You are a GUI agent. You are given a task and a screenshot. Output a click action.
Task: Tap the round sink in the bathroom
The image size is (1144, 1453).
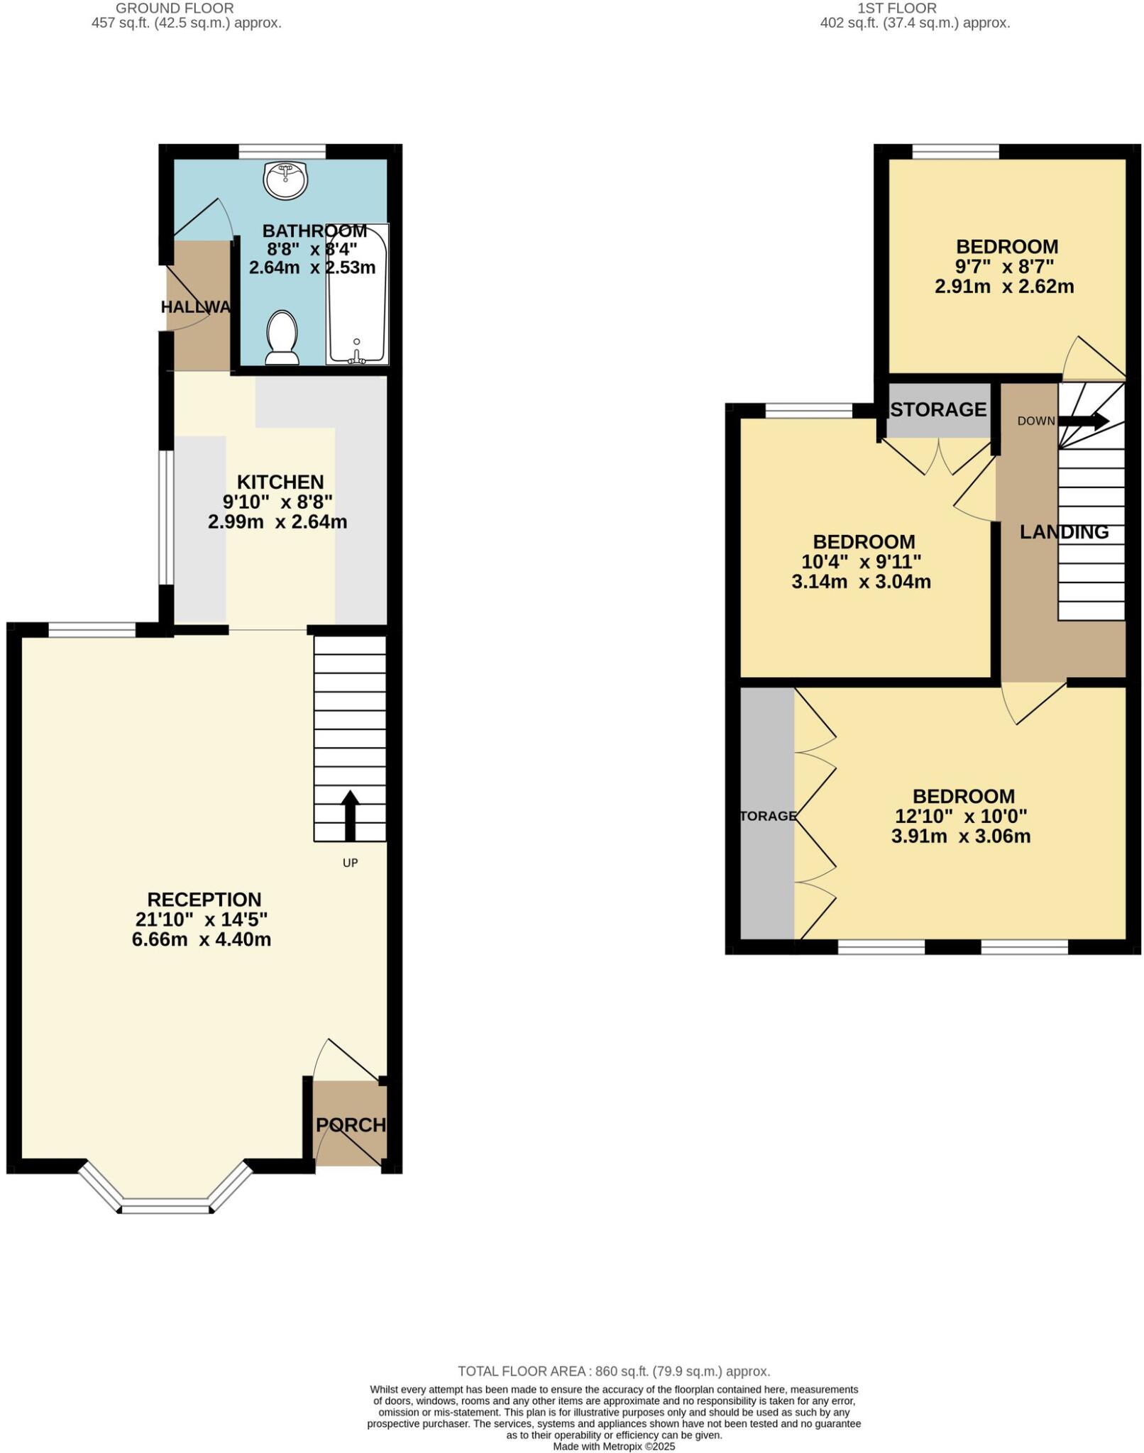tap(285, 179)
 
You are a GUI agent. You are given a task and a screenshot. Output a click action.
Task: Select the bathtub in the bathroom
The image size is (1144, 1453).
tap(357, 294)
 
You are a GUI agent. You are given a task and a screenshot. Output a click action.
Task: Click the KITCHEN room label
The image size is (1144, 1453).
tap(280, 482)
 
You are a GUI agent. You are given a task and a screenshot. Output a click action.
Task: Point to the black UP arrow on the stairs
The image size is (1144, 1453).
tap(350, 815)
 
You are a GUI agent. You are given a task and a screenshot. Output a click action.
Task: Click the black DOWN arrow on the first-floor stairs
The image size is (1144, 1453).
tap(1083, 421)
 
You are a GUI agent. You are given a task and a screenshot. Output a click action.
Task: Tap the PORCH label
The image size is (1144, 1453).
tap(351, 1125)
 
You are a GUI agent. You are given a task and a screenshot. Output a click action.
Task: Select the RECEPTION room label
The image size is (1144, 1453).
tap(204, 900)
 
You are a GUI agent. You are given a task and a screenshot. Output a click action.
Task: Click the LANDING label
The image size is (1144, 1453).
tap(1064, 532)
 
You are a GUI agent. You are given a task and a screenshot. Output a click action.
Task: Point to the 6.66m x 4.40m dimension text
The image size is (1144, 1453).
tap(202, 940)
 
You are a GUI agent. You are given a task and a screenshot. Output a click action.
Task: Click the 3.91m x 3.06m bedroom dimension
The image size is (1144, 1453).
tap(961, 836)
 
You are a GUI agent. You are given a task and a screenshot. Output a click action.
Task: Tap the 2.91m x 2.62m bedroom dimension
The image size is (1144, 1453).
tap(1004, 287)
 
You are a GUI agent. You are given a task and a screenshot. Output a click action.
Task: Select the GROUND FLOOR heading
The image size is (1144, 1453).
tap(175, 9)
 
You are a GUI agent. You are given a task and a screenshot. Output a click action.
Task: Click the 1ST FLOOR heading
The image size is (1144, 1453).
tap(897, 9)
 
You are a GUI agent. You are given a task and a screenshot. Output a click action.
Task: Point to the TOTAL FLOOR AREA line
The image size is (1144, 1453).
tap(614, 1371)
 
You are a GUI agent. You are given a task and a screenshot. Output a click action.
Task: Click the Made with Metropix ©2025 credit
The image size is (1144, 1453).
tap(614, 1446)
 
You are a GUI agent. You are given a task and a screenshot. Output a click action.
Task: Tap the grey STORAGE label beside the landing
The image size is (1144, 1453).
tap(938, 410)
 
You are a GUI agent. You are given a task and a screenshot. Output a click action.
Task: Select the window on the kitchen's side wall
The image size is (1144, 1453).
tap(165, 516)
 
